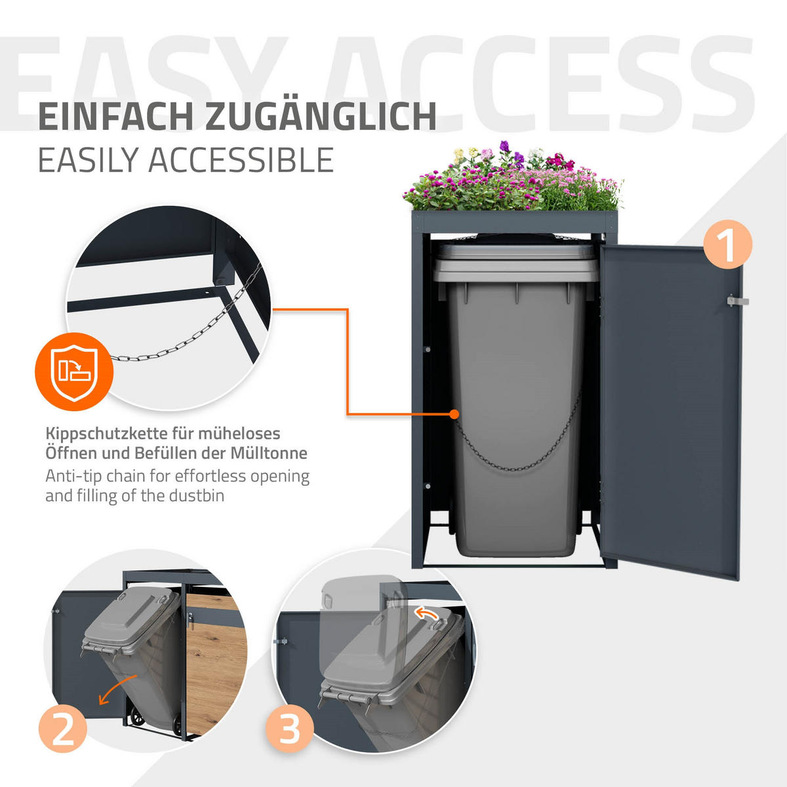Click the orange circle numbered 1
(x=727, y=244)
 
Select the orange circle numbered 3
(x=289, y=729)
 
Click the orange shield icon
(x=74, y=372)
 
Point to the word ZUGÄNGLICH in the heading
(x=321, y=116)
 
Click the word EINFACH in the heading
(x=116, y=116)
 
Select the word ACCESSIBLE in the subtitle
(x=241, y=160)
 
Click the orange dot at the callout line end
(x=453, y=414)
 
